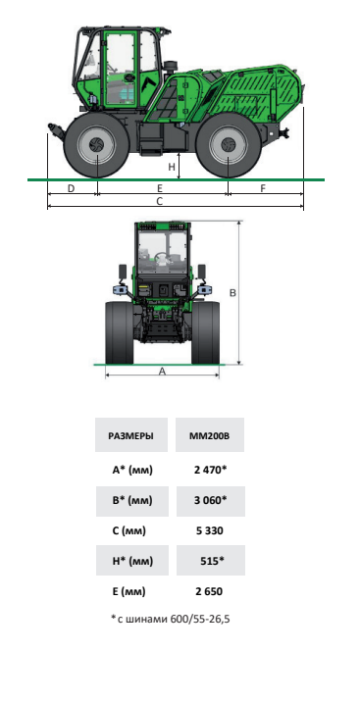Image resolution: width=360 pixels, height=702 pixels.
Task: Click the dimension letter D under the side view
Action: pyautogui.click(x=71, y=188)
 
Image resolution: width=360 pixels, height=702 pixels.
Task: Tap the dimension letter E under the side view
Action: pyautogui.click(x=160, y=188)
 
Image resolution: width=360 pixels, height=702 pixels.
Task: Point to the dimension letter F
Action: pyautogui.click(x=263, y=188)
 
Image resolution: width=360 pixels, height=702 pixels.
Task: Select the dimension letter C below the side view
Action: pyautogui.click(x=160, y=201)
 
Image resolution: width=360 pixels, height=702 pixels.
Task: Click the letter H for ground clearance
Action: pyautogui.click(x=172, y=168)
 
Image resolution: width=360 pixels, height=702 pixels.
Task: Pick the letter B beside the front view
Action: pyautogui.click(x=232, y=293)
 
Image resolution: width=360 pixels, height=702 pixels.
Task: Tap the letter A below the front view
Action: pyautogui.click(x=163, y=372)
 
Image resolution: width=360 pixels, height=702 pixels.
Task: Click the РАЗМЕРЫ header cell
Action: pyautogui.click(x=131, y=435)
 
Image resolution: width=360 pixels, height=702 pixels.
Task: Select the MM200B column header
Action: pyautogui.click(x=210, y=435)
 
